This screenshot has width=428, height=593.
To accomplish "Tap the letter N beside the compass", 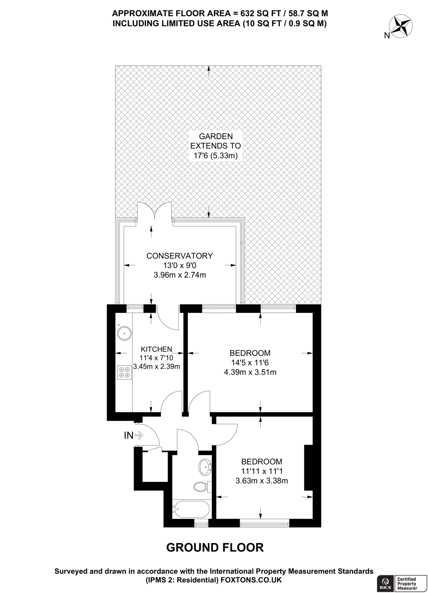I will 387,36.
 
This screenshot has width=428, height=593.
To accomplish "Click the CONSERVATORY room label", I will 179,256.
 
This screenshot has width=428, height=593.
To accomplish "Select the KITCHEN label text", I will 156,349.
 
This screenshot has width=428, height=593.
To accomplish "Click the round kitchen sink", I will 124,333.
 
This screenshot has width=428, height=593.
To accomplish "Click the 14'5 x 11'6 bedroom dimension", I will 250,363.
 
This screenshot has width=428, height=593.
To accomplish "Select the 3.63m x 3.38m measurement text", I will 262,481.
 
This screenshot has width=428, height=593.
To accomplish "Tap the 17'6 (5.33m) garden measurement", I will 215,156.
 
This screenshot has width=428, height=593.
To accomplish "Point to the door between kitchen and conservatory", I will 168,319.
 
